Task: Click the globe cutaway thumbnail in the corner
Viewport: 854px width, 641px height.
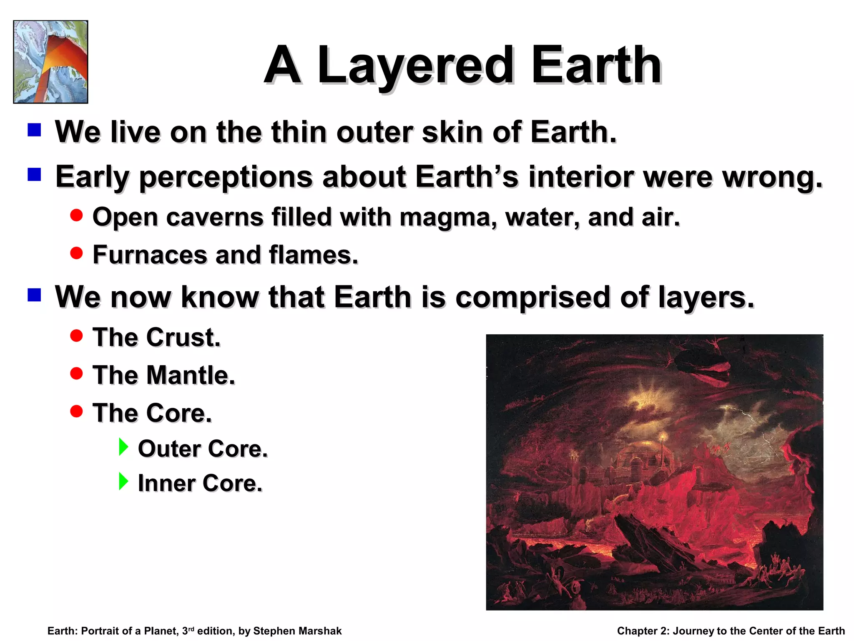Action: (50, 62)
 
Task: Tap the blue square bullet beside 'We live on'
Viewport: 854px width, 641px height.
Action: (34, 130)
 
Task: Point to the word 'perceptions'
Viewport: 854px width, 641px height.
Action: (226, 177)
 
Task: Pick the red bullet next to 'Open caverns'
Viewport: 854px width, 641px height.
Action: (76, 215)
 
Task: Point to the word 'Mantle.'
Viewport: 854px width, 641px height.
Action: (191, 375)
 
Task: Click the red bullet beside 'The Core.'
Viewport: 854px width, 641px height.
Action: (76, 411)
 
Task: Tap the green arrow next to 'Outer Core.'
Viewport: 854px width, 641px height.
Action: (123, 447)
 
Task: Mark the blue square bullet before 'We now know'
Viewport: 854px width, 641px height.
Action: (34, 295)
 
